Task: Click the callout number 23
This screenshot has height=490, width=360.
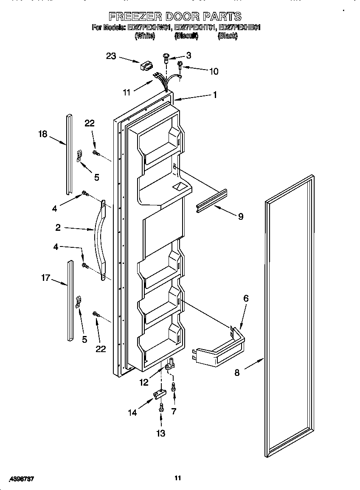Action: point(111,56)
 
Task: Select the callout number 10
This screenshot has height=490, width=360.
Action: point(214,71)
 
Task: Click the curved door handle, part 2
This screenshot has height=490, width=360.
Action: point(101,238)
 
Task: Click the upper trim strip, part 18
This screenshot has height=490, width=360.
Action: point(67,153)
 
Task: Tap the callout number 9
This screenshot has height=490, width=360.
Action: point(240,216)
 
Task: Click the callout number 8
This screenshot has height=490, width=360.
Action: point(237,373)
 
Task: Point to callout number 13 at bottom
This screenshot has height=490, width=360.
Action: point(161,433)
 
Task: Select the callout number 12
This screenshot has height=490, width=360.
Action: point(144,382)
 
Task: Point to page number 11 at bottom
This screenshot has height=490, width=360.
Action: point(178,478)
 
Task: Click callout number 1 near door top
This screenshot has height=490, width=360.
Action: point(215,95)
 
